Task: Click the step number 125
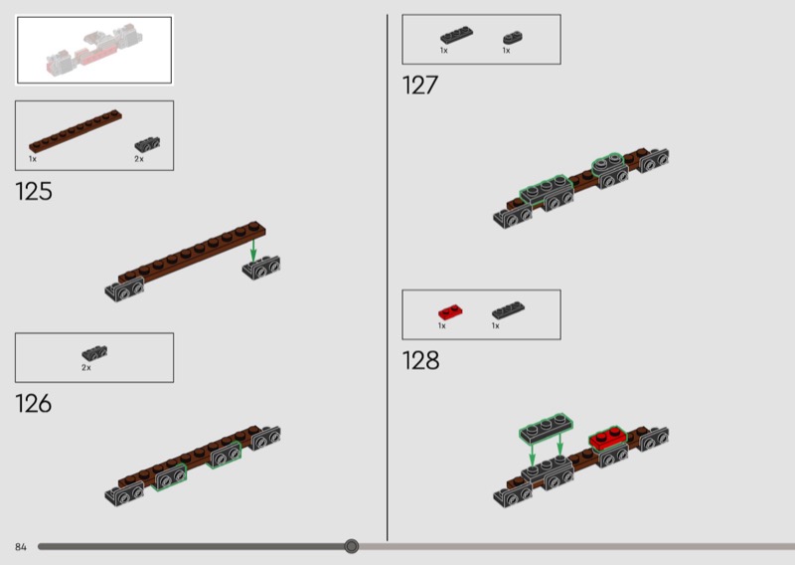click(34, 192)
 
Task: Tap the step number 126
click(34, 404)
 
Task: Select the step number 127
click(419, 86)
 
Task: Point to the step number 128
click(420, 360)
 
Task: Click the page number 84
click(20, 547)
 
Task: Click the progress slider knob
click(352, 546)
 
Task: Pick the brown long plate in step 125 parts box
click(76, 131)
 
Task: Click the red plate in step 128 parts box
click(450, 311)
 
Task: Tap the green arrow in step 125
click(253, 252)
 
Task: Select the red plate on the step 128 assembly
click(608, 438)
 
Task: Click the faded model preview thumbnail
click(94, 50)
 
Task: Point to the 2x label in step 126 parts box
click(86, 367)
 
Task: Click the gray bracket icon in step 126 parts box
click(94, 353)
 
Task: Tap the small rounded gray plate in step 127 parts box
click(513, 38)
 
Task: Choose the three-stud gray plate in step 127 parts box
click(456, 35)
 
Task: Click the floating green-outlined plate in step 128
click(546, 427)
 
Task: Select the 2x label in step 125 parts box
click(139, 159)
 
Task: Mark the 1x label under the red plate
click(441, 326)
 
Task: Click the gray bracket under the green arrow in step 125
click(261, 268)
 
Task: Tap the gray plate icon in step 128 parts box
click(508, 309)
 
